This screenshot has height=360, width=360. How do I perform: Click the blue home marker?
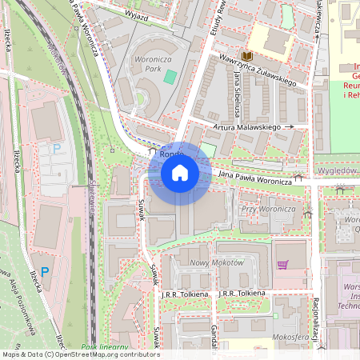(x=180, y=172)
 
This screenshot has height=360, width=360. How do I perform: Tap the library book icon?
(x=247, y=56)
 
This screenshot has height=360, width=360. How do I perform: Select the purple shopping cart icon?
(x=282, y=265)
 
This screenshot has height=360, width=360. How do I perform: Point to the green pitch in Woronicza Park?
(x=170, y=77)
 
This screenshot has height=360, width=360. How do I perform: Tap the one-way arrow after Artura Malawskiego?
(x=289, y=126)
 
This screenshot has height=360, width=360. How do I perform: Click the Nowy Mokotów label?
(x=211, y=263)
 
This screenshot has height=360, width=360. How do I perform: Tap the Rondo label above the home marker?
(x=172, y=153)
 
